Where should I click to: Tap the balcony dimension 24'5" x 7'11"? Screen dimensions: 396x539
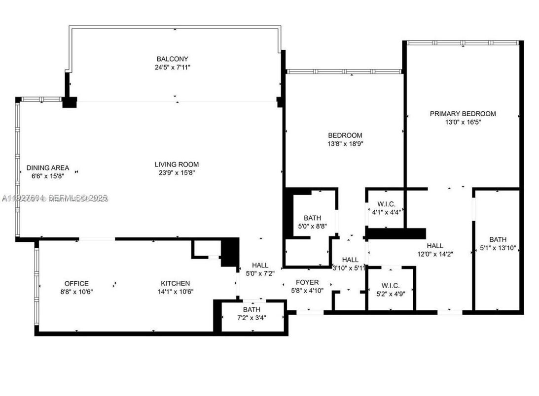[x=172, y=67]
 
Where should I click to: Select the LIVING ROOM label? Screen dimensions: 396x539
[x=177, y=164]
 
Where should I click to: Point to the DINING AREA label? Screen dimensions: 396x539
[x=48, y=167]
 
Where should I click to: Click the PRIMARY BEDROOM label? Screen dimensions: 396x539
[x=463, y=113]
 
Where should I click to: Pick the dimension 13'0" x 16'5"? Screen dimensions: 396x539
[x=463, y=122]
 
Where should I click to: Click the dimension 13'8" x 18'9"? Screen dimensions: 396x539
[x=345, y=143]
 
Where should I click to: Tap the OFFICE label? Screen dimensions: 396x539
[x=76, y=283]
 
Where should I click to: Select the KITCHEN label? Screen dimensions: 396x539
[x=175, y=283]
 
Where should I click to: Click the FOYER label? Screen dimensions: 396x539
[x=307, y=282]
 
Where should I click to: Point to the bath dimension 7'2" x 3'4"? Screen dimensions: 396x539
[x=251, y=318]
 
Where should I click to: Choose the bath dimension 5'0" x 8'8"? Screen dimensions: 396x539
[x=313, y=226]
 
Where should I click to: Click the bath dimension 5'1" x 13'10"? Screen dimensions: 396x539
[x=498, y=248]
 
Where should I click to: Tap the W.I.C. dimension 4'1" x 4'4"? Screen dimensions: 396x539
[x=386, y=212]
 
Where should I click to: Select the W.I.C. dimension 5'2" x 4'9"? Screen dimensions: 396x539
[x=390, y=294]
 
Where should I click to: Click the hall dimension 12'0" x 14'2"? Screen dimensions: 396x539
[x=435, y=254]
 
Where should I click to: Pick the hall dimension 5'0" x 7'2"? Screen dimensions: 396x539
[x=260, y=273]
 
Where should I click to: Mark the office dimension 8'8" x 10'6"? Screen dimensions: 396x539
[x=76, y=292]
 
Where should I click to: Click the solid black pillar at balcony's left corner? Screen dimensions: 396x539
[x=70, y=102]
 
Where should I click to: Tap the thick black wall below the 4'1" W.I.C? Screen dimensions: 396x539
[x=395, y=233]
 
